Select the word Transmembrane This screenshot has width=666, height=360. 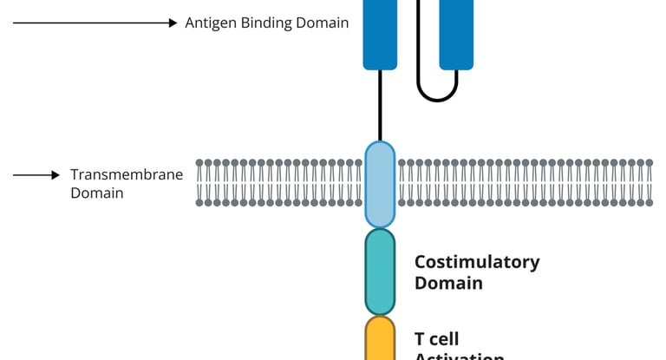pos(127,175)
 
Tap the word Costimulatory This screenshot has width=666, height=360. pos(477,262)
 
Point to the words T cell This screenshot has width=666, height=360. pos(436,338)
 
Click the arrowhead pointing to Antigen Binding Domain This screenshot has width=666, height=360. pos(173,23)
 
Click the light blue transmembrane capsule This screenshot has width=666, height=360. pos(380,184)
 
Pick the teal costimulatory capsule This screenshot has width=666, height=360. pos(380,272)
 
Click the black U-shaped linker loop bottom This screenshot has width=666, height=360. pos(437,98)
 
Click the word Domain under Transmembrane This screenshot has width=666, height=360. pos(96,193)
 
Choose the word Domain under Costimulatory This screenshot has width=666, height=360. pos(448,284)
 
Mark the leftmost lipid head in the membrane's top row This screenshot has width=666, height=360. pos(200,162)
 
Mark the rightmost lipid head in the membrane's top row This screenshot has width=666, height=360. pos(650,162)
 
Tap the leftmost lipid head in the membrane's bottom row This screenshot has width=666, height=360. pos(200,203)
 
